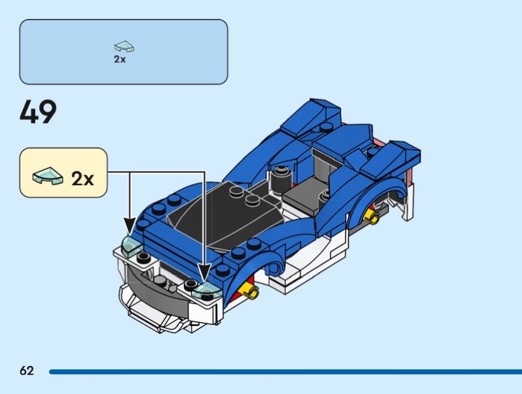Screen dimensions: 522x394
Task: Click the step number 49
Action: point(38,112)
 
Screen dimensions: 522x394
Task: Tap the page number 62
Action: point(27,371)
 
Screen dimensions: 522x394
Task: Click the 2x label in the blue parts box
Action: point(120,59)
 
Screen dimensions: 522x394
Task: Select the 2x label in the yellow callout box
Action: point(83,179)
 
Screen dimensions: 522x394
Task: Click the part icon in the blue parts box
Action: point(124,46)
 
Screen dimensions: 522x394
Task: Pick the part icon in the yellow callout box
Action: point(48,175)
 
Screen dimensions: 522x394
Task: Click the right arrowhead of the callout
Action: point(204,273)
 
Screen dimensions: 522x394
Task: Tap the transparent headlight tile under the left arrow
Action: point(132,247)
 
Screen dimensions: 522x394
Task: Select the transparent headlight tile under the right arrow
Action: point(206,291)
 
